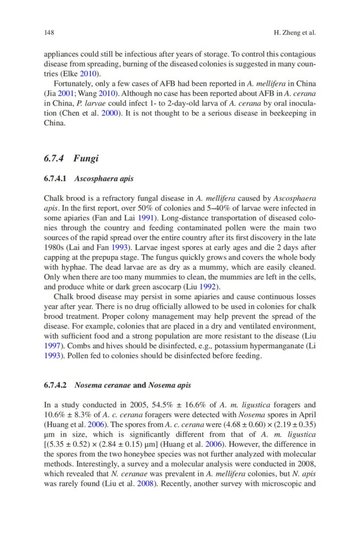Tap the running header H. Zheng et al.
(294, 33)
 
